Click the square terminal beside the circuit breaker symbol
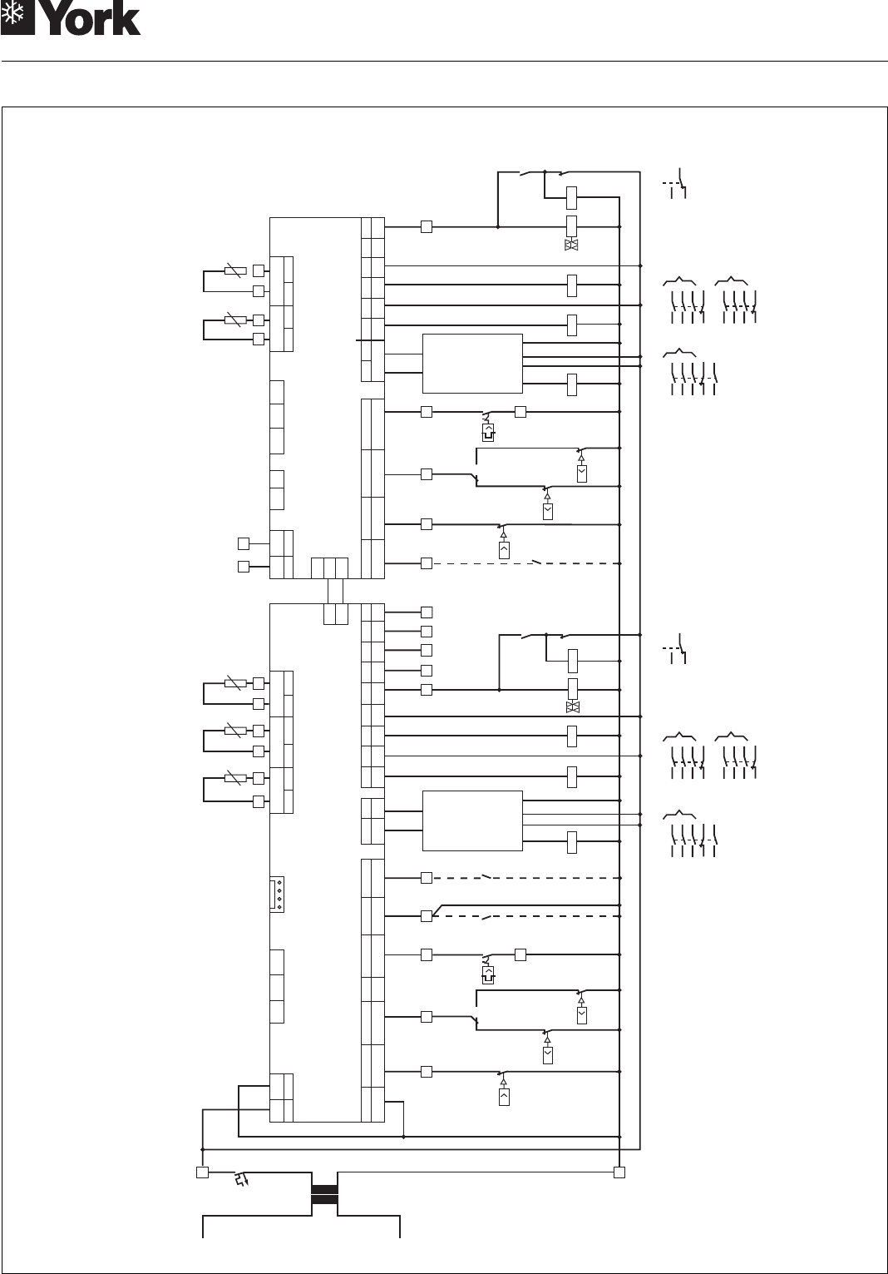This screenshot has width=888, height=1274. [x=201, y=1172]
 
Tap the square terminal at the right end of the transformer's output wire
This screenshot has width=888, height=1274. [x=619, y=1172]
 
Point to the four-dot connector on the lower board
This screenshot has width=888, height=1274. [x=278, y=895]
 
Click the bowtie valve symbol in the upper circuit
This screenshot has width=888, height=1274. [x=571, y=245]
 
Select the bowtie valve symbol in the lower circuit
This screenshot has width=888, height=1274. [x=571, y=707]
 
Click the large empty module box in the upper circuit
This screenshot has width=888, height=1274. [x=472, y=363]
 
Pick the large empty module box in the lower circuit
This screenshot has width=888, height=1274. [x=472, y=820]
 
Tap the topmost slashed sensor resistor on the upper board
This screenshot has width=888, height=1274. [x=235, y=270]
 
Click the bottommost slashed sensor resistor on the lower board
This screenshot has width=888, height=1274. [x=235, y=778]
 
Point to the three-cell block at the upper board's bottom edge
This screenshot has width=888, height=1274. [x=329, y=568]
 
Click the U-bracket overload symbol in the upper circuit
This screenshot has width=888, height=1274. [x=488, y=432]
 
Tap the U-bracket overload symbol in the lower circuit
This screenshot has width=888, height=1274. [x=488, y=974]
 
